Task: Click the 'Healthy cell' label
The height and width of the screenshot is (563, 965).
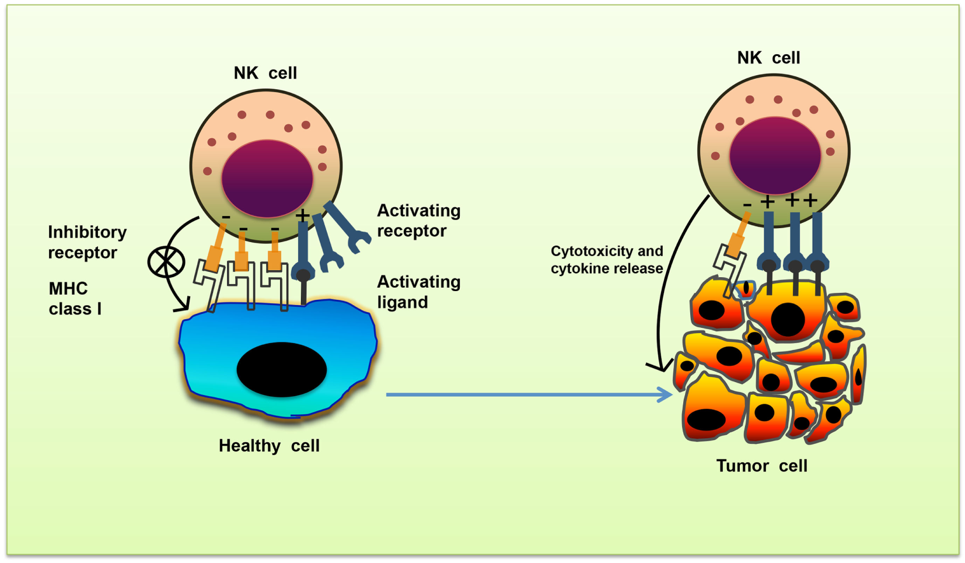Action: [269, 446]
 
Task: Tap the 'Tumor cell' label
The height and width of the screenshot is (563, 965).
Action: [761, 466]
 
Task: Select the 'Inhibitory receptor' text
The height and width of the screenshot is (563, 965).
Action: [87, 242]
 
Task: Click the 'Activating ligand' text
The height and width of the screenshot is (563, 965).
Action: [418, 292]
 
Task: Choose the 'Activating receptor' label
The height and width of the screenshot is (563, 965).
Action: [418, 221]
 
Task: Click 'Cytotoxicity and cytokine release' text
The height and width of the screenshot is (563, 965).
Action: [607, 260]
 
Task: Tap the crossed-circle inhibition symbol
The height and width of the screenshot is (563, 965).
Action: [166, 262]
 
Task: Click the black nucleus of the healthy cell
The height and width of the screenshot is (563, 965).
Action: [281, 369]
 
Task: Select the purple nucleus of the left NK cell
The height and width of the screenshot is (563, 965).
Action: [267, 178]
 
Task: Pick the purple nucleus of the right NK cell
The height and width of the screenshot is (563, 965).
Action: [775, 155]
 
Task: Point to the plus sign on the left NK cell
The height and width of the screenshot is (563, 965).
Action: [302, 216]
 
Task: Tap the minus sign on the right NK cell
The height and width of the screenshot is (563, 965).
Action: [747, 205]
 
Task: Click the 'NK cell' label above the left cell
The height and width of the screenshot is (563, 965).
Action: [265, 74]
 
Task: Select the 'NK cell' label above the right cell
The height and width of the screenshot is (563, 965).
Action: [768, 58]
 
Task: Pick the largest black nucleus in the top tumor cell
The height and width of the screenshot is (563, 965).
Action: [788, 319]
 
